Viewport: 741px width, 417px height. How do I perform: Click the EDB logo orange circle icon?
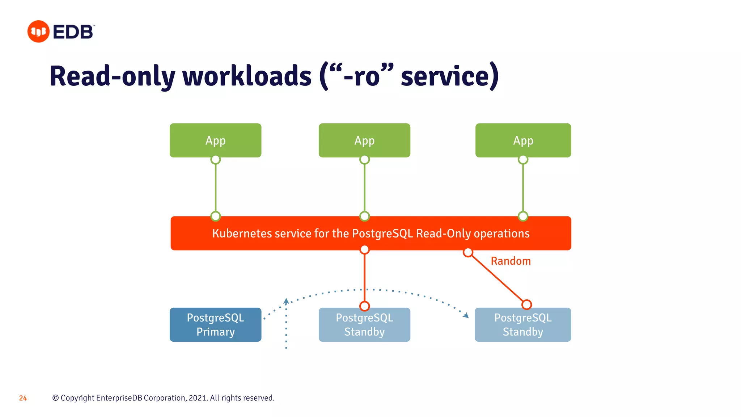coord(38,31)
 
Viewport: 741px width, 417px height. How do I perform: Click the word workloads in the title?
coord(247,76)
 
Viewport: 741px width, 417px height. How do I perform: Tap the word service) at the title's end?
coord(450,76)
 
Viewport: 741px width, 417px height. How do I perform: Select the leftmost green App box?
coord(215,140)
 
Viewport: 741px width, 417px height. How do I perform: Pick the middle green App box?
coord(364,140)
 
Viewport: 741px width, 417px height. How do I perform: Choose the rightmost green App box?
coord(523,140)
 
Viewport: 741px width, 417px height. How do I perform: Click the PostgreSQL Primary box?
coord(215,325)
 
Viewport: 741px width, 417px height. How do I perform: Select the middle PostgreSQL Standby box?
coord(364,325)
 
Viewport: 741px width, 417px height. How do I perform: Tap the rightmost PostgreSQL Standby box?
coord(523,325)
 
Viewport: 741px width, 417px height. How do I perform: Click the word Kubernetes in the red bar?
coord(242,233)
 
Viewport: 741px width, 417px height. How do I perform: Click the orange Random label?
coord(511,261)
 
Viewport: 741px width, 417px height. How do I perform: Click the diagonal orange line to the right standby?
coord(497,279)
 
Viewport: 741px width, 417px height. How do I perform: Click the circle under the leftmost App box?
coord(216,160)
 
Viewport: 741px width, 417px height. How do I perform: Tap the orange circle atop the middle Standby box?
coord(364,306)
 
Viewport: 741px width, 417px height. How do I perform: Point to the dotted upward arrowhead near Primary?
coord(286,301)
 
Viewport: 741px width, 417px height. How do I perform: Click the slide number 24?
coord(23,398)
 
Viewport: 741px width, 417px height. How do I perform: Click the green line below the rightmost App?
coord(523,188)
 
